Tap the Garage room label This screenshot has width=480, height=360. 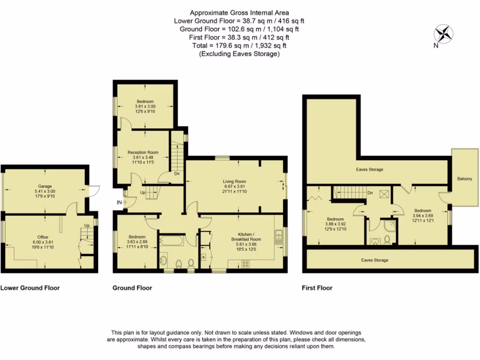(45, 186)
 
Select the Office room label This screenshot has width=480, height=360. (44, 237)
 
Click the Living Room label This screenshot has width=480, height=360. (234, 181)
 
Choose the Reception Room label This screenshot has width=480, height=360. (143, 152)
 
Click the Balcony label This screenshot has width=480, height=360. (465, 179)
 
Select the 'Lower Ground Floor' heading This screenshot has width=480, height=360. (30, 288)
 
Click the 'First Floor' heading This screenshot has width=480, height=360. (317, 288)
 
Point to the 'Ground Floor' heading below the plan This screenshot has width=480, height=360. (132, 288)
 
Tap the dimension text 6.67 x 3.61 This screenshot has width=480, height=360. (234, 187)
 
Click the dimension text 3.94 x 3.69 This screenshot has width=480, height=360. (422, 216)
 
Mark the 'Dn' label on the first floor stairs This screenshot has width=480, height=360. (370, 193)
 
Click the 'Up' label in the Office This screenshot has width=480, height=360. (86, 226)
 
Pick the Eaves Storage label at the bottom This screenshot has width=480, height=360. (375, 260)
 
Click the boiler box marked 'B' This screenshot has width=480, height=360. (203, 257)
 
